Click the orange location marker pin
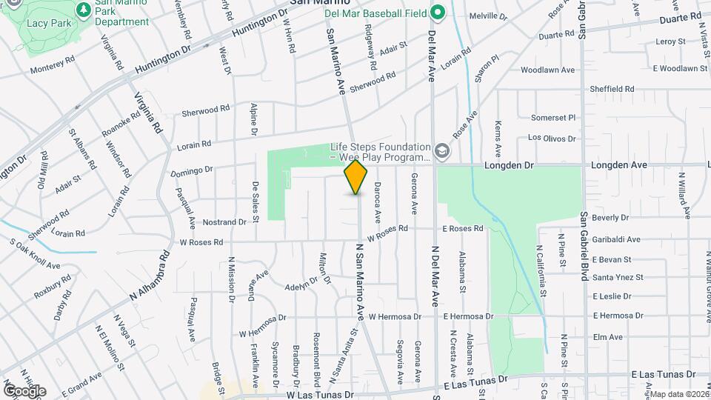[356, 177]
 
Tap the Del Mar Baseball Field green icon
[438, 12]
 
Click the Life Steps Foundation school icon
[442, 151]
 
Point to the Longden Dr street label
[509, 165]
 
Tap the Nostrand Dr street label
[224, 221]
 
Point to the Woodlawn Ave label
[547, 70]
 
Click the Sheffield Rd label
[612, 89]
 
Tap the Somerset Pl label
[553, 117]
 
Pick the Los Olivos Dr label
[552, 138]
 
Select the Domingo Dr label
[192, 171]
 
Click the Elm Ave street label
[607, 337]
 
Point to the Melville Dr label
[489, 16]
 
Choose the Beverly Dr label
[610, 218]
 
